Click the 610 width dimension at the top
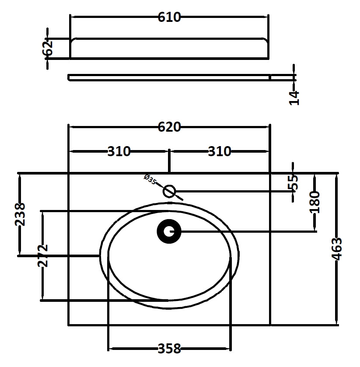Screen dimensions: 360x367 (169, 17)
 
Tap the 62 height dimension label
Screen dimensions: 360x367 (48, 48)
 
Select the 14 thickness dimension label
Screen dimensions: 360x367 (294, 98)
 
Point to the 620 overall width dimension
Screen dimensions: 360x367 (169, 127)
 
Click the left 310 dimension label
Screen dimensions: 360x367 (119, 151)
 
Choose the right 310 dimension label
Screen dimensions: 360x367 (220, 151)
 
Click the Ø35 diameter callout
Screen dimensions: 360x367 (150, 179)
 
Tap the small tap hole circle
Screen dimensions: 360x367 (169, 192)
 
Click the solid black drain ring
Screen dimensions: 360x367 (169, 231)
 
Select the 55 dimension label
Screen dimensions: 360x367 (293, 182)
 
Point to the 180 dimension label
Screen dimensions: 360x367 (315, 202)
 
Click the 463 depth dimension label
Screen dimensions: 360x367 (337, 249)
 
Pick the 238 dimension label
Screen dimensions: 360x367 (20, 214)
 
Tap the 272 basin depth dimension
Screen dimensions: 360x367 (42, 256)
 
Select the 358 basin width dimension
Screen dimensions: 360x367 (169, 349)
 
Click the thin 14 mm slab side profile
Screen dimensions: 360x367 (169, 77)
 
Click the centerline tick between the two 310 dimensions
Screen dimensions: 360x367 (169, 161)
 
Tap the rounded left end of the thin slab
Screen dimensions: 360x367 (69, 77)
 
